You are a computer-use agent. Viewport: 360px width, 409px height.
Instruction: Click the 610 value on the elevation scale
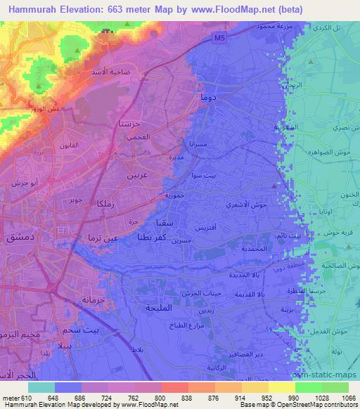pyautogui.click(x=21, y=396)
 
